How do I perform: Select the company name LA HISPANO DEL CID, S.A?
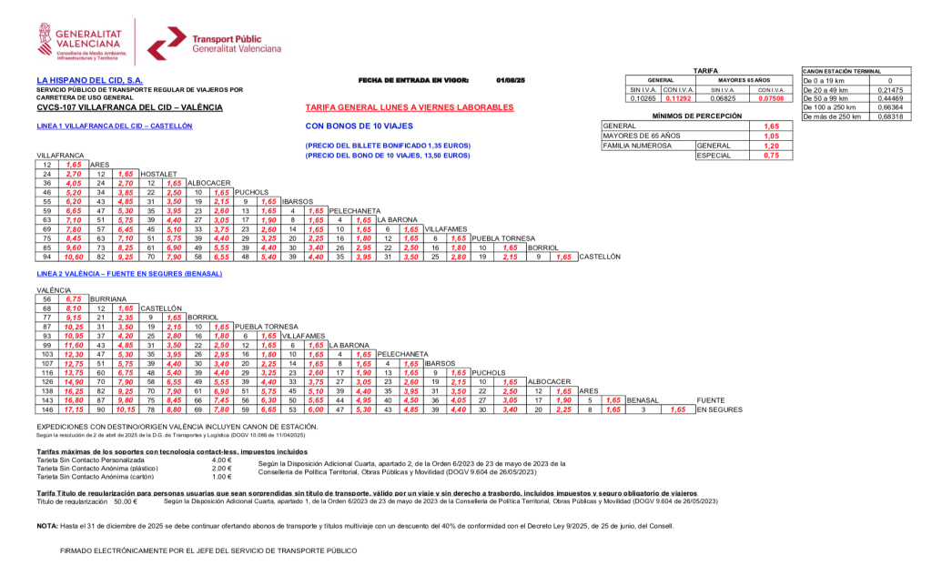(96, 80)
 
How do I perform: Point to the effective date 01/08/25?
(511, 80)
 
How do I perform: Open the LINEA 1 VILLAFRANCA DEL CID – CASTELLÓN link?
(114, 126)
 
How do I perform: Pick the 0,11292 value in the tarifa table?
(679, 98)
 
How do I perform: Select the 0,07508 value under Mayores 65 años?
(772, 98)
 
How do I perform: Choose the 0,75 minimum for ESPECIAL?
(771, 156)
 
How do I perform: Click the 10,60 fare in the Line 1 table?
(75, 257)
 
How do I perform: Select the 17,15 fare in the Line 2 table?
(75, 410)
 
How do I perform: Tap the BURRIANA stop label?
(108, 298)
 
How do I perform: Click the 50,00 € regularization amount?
(126, 501)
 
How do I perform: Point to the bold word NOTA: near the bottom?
(47, 526)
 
